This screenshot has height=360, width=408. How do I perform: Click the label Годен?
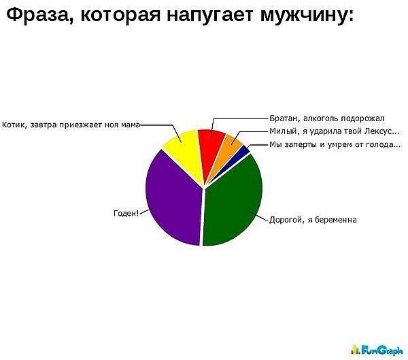point(126,213)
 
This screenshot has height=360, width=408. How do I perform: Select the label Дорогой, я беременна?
point(313,220)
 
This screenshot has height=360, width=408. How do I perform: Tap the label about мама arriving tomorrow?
point(71,125)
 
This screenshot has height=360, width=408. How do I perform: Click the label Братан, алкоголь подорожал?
point(326,118)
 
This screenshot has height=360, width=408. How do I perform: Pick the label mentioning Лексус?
point(334,131)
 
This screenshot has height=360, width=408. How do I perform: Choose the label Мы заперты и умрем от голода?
point(335,144)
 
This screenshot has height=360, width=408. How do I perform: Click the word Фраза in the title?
point(37,14)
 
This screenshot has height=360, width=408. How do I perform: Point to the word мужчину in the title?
point(307,15)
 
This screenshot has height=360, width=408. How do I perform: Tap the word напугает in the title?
point(209,16)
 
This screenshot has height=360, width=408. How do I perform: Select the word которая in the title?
point(120,16)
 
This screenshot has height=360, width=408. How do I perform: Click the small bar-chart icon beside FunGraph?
point(355,349)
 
